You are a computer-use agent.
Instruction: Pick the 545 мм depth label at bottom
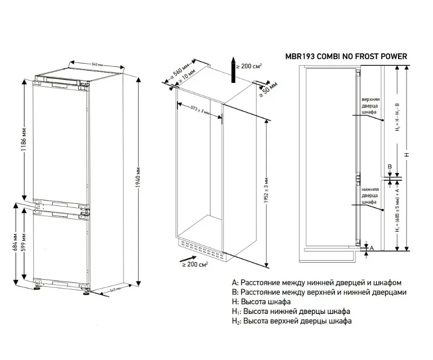pos(114,289)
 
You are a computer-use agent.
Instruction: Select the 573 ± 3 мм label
pos(200,109)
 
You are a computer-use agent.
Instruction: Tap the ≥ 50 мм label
pos(268,90)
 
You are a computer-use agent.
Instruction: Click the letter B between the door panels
pos(389,167)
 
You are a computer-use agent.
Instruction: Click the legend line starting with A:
pos(317,282)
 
